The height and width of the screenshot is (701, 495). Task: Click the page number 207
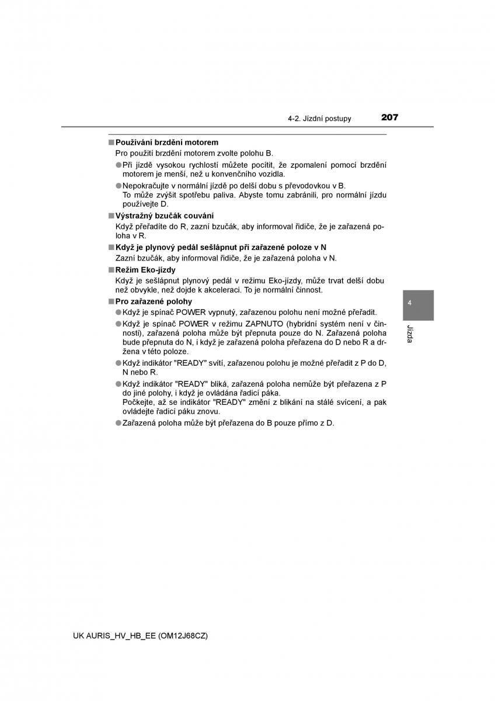click(x=389, y=117)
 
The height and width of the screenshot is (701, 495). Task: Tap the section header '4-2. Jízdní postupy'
click(x=319, y=119)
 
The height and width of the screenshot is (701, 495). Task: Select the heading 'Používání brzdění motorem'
click(x=167, y=142)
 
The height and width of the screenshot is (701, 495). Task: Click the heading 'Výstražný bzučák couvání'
click(x=165, y=216)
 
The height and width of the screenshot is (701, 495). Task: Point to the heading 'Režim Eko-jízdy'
click(x=145, y=270)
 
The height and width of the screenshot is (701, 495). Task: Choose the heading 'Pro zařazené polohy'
click(x=154, y=301)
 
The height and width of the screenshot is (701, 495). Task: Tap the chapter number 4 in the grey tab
click(x=410, y=303)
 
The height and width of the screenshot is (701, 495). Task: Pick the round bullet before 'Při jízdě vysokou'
click(x=118, y=165)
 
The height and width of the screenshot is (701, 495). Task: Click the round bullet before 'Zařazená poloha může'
click(x=118, y=423)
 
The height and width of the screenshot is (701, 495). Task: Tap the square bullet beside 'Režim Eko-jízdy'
click(x=110, y=270)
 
